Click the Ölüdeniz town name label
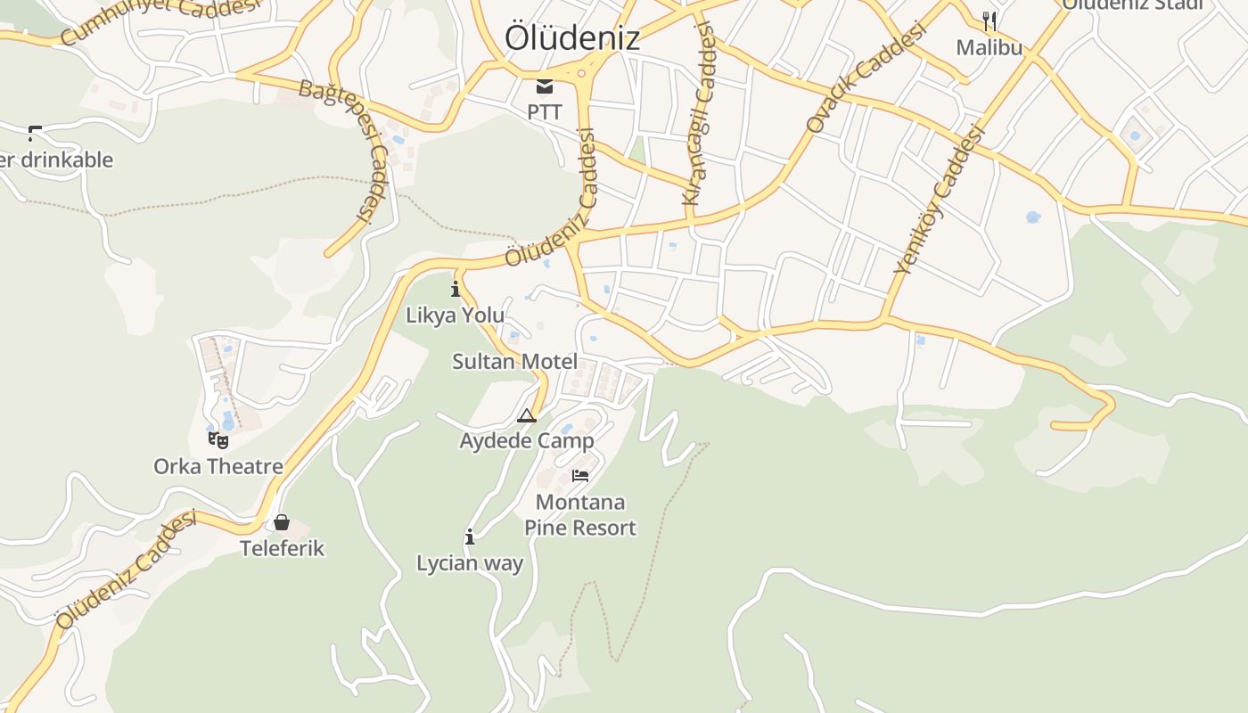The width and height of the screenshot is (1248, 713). coord(572,37)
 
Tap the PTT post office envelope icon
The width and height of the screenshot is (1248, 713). coord(545,86)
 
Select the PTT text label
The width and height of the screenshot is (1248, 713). coord(545,112)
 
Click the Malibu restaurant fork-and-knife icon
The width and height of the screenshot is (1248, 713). coord(989,20)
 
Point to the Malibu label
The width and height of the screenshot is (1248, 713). coord(989,47)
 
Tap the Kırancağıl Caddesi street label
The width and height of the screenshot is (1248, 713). coord(699,114)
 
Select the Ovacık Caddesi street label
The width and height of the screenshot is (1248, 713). coord(866,78)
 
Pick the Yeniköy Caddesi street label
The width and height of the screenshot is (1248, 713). coord(939,200)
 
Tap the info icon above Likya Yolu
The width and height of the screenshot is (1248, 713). coord(456,289)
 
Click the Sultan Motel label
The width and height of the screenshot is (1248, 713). coord(514,362)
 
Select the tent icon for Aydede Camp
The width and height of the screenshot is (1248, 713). coord(527,415)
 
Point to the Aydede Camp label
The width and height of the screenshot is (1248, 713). coord(526,441)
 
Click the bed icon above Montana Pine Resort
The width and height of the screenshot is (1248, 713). coord(580,476)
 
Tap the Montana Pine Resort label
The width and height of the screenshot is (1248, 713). coord(580,515)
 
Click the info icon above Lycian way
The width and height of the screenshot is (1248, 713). coord(470,537)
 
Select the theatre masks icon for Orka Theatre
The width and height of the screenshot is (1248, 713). coord(218,439)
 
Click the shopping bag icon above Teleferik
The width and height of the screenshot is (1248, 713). coord(282,522)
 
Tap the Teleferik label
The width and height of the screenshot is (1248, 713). coord(282,548)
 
